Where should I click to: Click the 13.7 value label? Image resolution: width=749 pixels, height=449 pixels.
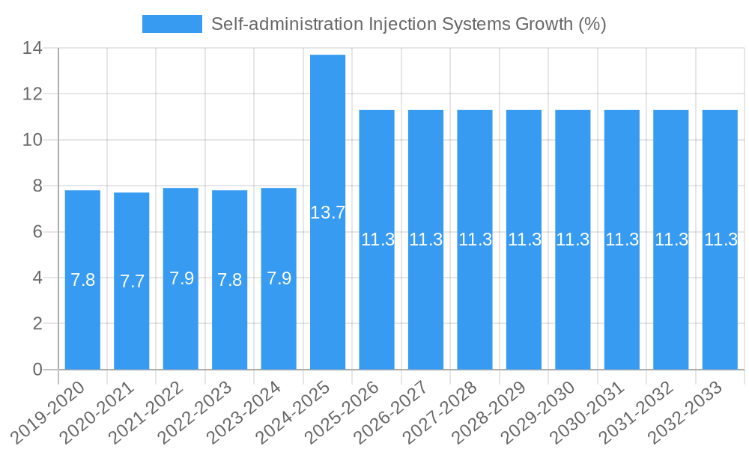pos(328,213)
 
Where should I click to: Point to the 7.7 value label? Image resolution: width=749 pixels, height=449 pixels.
pos(132,282)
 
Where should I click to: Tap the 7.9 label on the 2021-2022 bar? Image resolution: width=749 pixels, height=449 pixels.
pos(181,278)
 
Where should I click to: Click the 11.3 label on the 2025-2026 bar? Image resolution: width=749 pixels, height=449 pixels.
pos(377,240)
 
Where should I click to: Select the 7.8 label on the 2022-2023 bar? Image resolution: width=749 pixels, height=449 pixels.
pos(230,280)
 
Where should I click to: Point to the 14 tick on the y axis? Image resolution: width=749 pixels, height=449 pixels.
pos(32,49)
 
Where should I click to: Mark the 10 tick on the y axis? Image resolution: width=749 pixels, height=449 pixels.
pos(32,140)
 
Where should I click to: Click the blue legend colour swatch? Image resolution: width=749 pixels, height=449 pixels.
pos(172,24)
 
